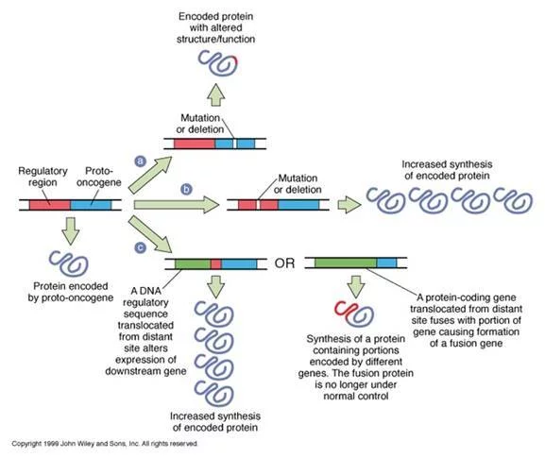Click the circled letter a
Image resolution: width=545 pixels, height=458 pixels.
point(141,161)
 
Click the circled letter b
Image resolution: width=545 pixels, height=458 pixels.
point(187,189)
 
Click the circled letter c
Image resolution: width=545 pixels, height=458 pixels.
point(141,247)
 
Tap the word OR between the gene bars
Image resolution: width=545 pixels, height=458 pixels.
point(284,263)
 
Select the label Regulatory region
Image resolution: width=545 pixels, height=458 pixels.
point(43,177)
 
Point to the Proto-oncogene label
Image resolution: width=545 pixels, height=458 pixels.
point(99,177)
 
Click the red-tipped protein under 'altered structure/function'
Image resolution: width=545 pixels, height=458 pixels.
point(218,63)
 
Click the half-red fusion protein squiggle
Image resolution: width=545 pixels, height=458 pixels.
point(354,314)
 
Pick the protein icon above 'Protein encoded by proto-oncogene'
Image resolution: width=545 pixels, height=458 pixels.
point(69,263)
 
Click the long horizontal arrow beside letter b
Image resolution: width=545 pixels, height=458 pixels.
point(177,205)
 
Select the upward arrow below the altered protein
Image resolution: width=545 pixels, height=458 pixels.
point(216,94)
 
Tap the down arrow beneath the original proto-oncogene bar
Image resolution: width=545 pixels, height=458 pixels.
point(71,230)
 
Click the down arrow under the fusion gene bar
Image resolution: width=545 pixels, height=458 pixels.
point(356,287)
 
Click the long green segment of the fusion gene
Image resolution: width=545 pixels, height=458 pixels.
point(346,263)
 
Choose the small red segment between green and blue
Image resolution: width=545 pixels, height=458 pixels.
point(216,263)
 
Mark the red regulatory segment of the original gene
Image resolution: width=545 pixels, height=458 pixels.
point(50,205)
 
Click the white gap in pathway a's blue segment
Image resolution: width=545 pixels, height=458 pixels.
point(235,144)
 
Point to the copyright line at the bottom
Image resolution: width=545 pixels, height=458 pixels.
point(105,444)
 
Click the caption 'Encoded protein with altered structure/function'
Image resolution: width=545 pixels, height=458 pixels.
point(216,27)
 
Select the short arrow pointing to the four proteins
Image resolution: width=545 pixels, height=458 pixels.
point(349,205)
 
